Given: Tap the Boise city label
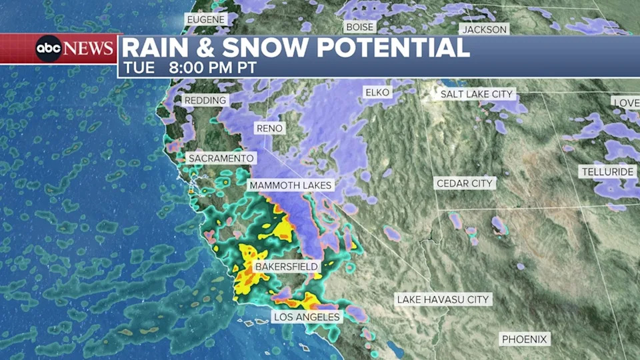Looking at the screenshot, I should (359, 27).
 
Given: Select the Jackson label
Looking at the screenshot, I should (485, 29).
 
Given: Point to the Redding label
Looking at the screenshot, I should (206, 100).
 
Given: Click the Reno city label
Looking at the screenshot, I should (269, 128).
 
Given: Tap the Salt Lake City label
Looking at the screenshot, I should (477, 94).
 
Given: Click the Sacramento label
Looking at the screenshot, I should (221, 158).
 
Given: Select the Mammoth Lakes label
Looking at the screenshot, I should (290, 185).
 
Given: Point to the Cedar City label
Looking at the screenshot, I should (465, 183).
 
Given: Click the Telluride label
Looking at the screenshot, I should (607, 171).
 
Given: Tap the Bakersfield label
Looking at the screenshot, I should (286, 267).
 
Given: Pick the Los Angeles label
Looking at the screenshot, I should (306, 317).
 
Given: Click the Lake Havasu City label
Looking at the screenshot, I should (443, 299).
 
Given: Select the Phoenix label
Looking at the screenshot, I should (525, 339).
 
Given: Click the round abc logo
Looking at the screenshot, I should (49, 49).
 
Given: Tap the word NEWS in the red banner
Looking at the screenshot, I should (89, 49).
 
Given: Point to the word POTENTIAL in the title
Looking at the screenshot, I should (393, 48).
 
